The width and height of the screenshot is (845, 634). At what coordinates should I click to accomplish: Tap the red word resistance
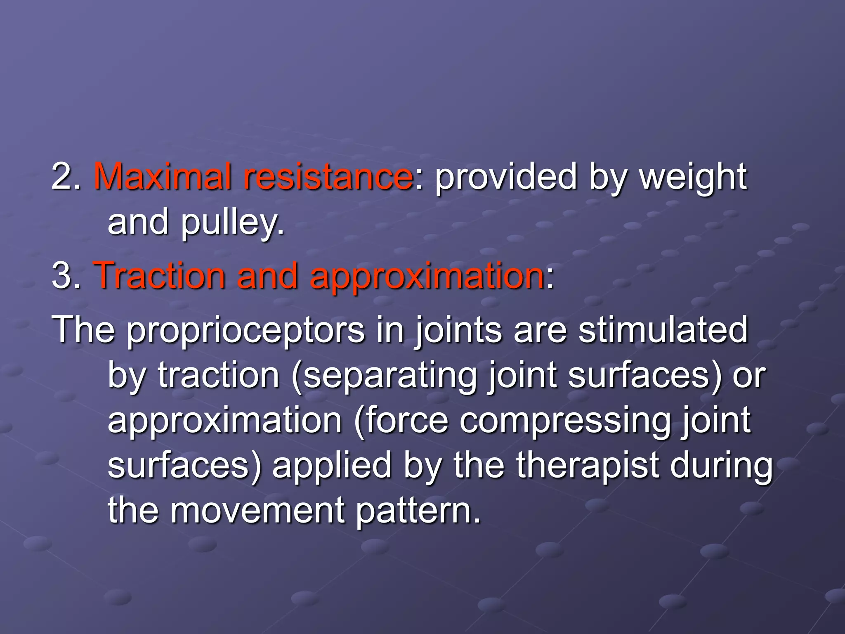coord(328,176)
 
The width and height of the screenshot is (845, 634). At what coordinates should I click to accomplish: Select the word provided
coord(505,176)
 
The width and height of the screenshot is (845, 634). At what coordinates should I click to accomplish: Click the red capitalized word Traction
coord(159,275)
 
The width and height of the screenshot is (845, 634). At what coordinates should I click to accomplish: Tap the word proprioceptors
coord(245,330)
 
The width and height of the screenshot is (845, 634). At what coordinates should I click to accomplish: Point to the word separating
coord(389,376)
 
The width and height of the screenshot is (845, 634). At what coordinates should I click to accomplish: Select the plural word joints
coord(458,330)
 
